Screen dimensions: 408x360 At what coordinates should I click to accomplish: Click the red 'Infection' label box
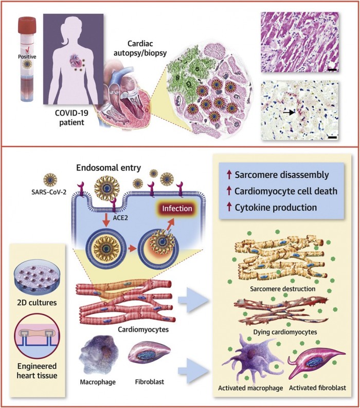coord(174,210)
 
